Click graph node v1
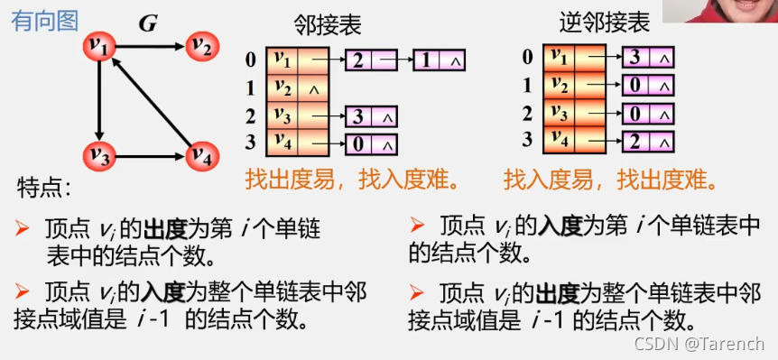tap(100, 44)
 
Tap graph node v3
tap(100, 154)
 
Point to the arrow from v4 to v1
tap(153, 100)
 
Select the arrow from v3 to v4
tap(152, 154)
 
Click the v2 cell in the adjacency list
tap(283, 88)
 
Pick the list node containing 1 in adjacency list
tap(439, 60)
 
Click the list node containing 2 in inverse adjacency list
tap(647, 142)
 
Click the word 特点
tap(43, 189)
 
